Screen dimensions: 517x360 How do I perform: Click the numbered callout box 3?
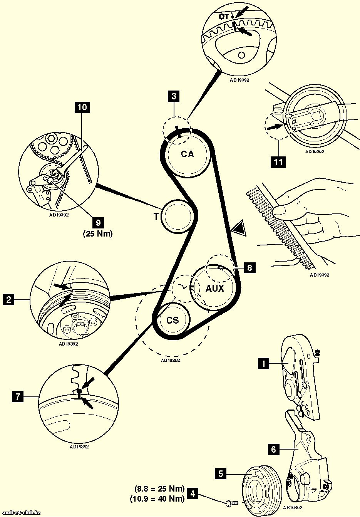point(174,96)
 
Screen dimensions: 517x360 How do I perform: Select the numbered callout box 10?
point(82,107)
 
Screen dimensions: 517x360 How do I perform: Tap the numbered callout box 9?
point(98,222)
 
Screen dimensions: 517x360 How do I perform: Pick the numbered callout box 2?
point(8,299)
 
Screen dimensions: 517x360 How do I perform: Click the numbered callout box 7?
point(17,396)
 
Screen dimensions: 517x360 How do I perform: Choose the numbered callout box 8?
point(249,267)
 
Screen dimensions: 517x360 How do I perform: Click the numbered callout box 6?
point(273,449)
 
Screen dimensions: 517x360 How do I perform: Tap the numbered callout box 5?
point(221,473)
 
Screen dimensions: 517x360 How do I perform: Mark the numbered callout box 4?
point(193,493)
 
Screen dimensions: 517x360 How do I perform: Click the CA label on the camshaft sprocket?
point(188,154)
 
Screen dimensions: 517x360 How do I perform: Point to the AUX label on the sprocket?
point(214,288)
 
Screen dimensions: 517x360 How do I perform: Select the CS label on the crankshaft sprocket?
point(173,320)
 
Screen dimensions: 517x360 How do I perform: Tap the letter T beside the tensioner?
point(156,217)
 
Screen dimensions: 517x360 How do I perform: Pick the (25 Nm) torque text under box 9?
point(98,233)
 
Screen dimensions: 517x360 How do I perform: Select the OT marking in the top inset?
point(224,17)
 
